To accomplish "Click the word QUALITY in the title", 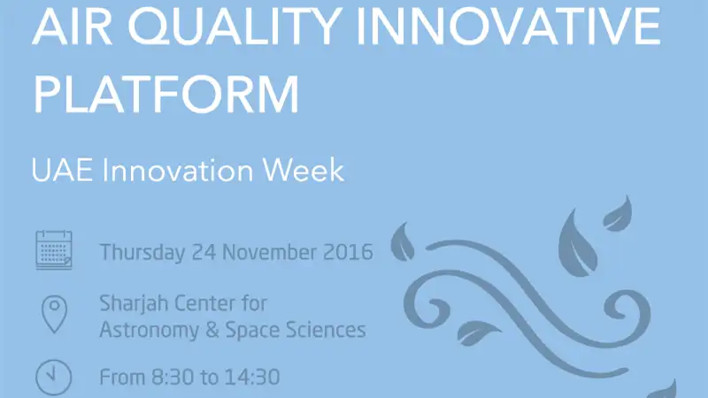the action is (x=235, y=27).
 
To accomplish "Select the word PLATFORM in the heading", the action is (x=166, y=95).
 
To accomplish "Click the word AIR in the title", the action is (x=73, y=26).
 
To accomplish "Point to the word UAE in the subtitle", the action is (x=62, y=170).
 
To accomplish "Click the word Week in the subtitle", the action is (x=304, y=170).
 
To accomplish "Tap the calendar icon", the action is (x=54, y=250).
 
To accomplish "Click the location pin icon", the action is (x=54, y=315).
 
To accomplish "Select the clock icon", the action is (x=54, y=378).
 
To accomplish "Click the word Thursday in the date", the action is (x=142, y=252).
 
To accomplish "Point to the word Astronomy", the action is (x=149, y=330).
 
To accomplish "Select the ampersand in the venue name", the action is (x=212, y=330).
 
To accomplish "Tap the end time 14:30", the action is (x=252, y=378).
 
